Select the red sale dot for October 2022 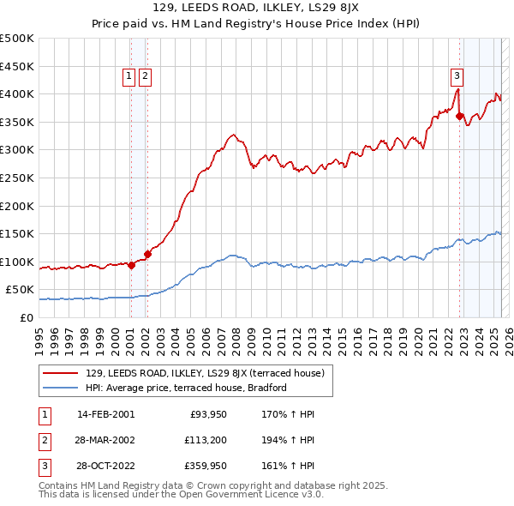point(460,117)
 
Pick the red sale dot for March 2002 point(147,254)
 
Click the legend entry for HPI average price point(185,389)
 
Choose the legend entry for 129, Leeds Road point(204,373)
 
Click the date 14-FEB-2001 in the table point(105,414)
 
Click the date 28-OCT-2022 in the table point(105,467)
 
